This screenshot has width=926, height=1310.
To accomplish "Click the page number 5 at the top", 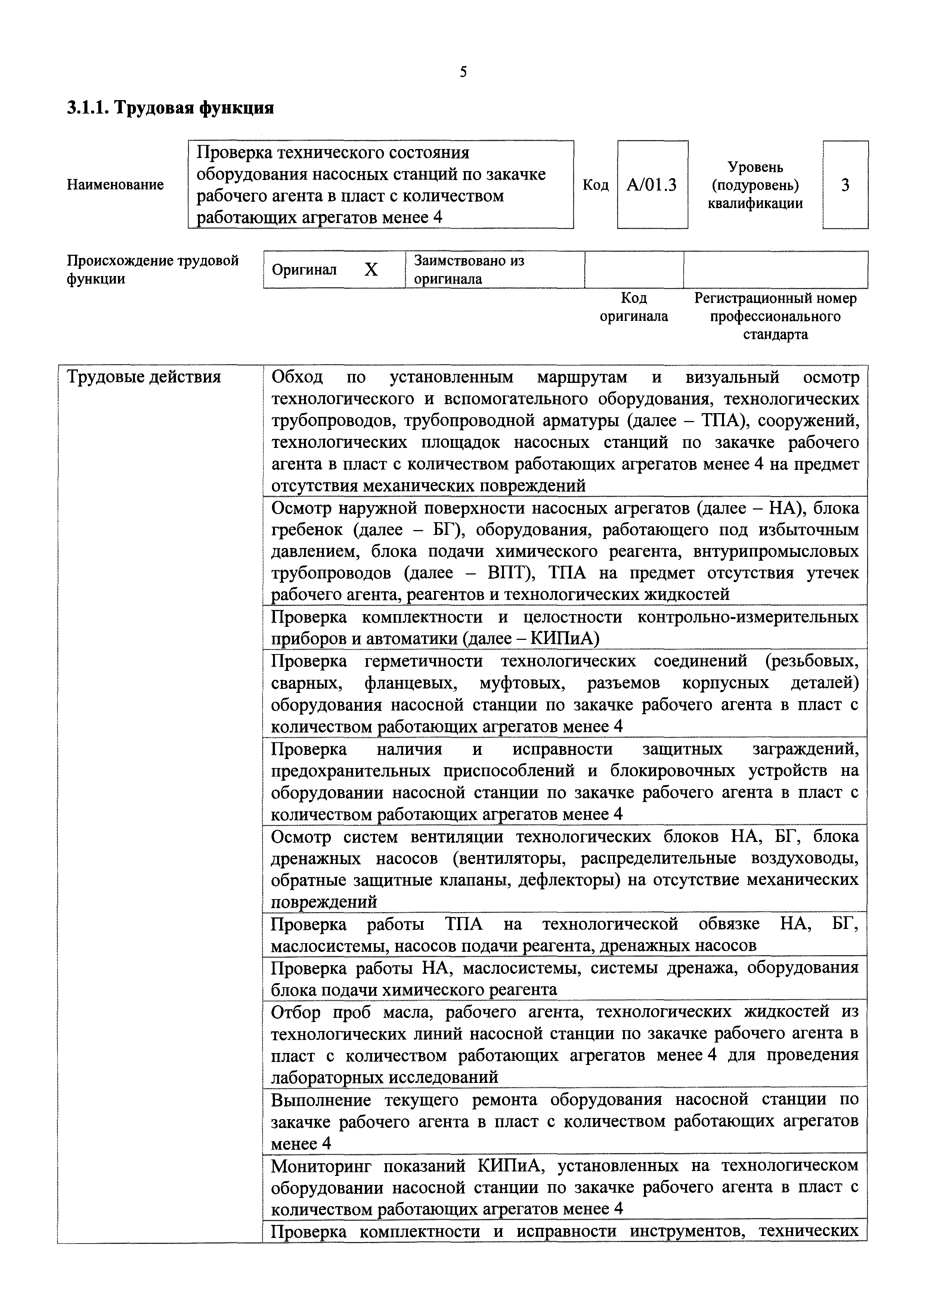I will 463,72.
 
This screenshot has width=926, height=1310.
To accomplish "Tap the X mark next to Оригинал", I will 371,270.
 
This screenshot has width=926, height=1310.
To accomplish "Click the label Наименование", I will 115,185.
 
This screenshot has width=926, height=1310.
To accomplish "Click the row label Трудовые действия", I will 144,377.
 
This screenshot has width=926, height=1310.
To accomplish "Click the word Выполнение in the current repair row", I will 321,1100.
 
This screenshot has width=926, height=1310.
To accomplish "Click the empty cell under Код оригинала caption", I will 634,270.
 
